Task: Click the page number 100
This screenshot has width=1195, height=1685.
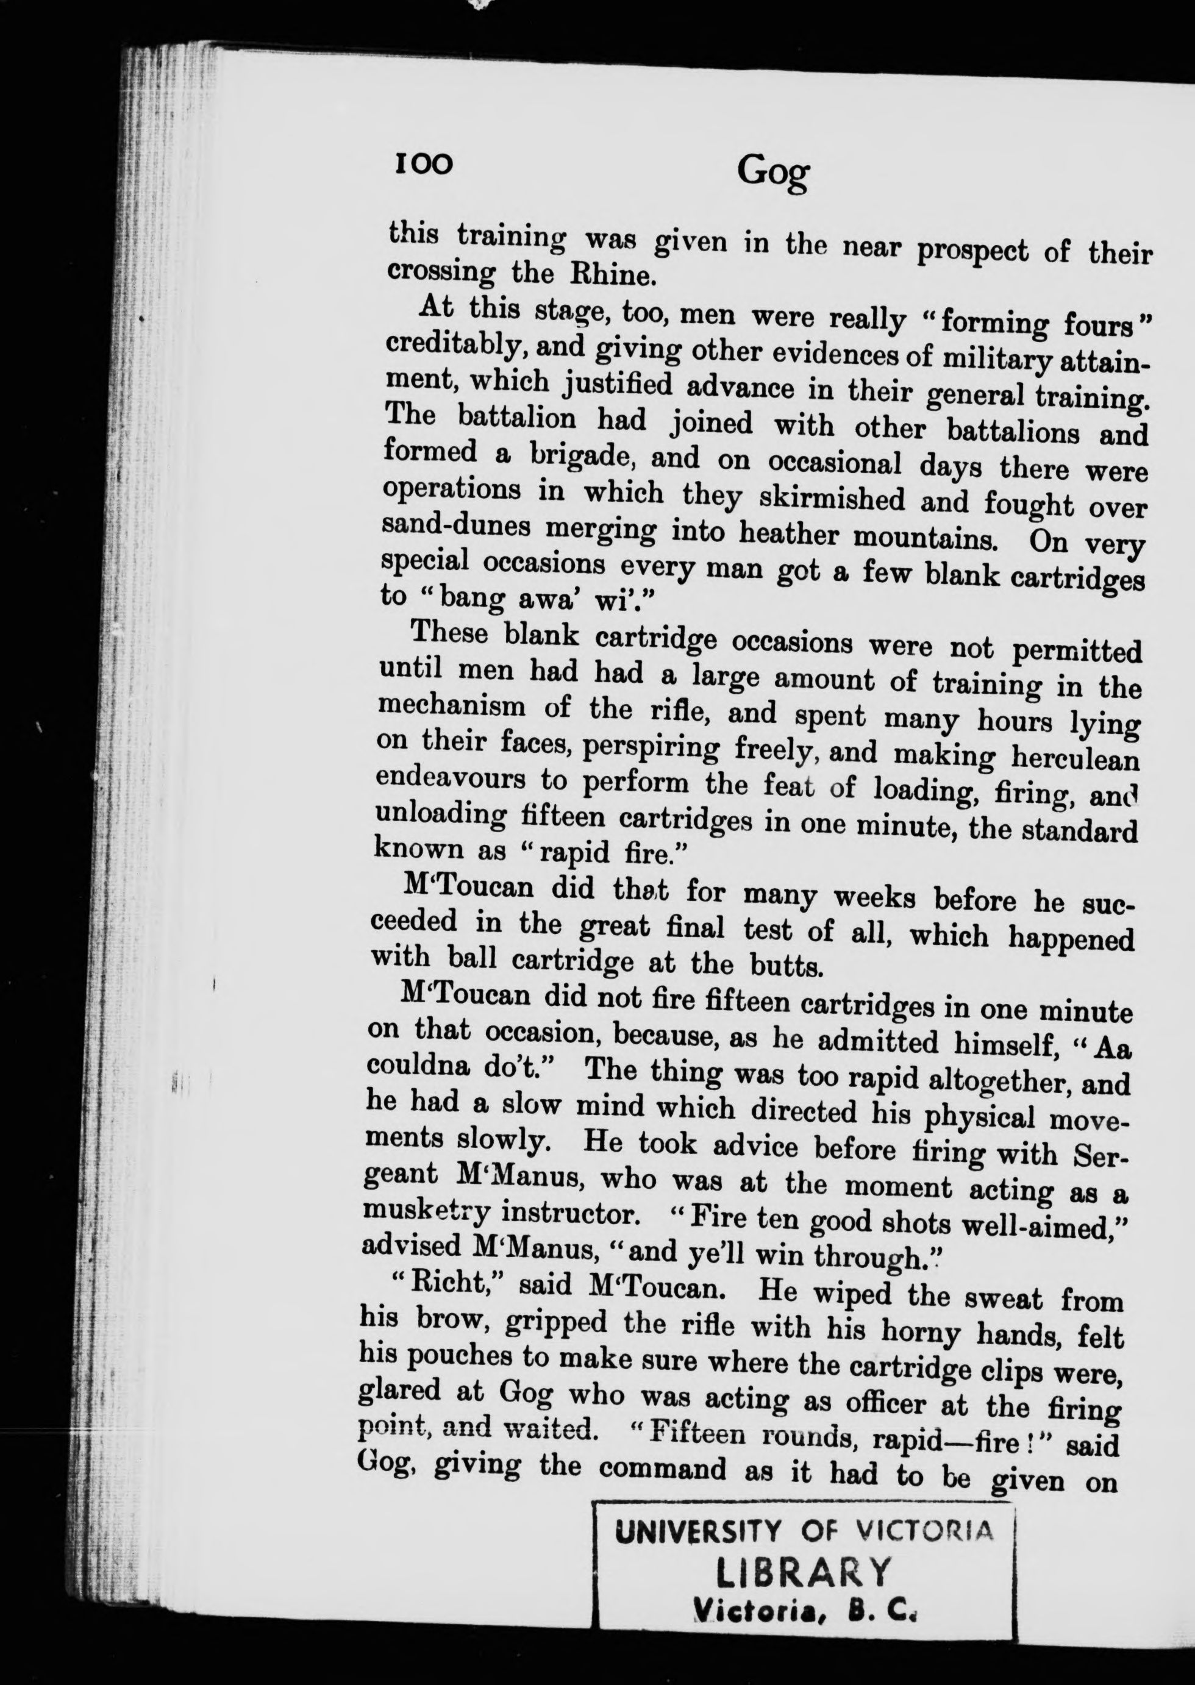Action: (423, 164)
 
